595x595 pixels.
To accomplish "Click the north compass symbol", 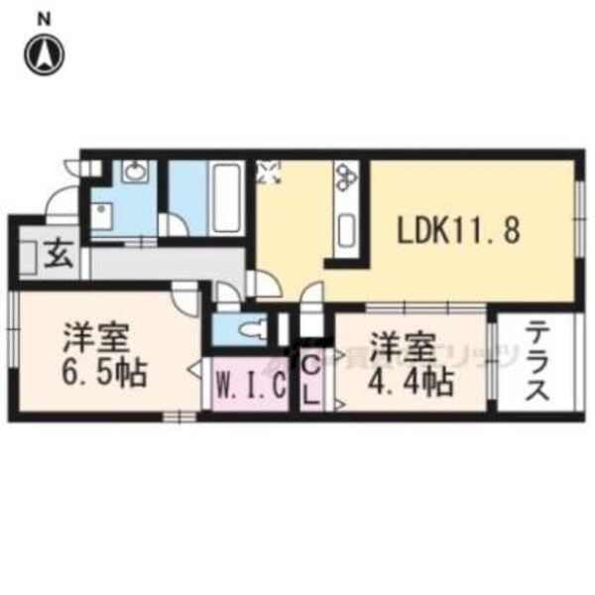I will (x=46, y=54).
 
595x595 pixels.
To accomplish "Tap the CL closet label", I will (x=309, y=381).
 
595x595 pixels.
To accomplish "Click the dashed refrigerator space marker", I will (x=269, y=175).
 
